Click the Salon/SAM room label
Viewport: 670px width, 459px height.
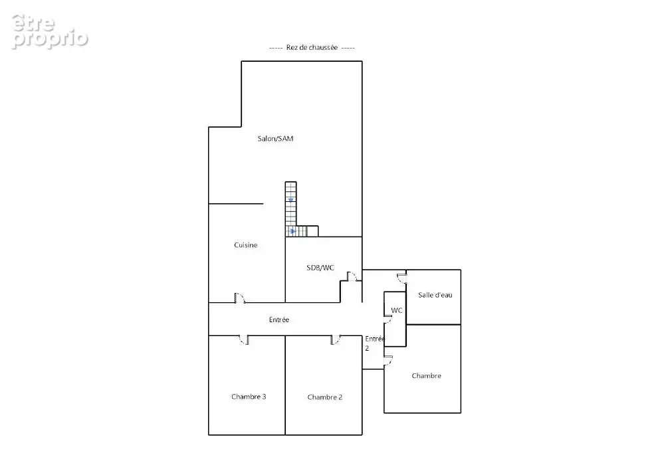pos(275,138)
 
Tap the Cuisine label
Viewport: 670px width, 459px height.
pos(246,244)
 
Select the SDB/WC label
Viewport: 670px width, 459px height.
pos(320,268)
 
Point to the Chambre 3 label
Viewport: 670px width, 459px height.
pos(249,397)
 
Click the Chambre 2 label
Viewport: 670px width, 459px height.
pos(325,397)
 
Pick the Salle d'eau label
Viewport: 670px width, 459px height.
pos(435,295)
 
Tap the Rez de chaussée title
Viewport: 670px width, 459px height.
pos(312,47)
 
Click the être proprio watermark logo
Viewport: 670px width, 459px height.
pos(50,32)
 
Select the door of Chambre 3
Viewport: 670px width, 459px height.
pos(244,340)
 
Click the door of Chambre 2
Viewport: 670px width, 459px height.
pos(336,340)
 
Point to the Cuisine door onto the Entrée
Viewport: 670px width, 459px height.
pos(240,298)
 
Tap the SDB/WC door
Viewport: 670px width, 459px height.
pos(352,276)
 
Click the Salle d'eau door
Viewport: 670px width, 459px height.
pos(401,279)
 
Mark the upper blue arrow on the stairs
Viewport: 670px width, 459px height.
pos(290,200)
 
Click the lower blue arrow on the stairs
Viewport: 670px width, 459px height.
pos(292,231)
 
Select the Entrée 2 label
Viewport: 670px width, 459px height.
pos(375,343)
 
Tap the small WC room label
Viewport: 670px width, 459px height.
pos(397,310)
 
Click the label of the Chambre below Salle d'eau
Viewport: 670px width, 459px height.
pos(427,376)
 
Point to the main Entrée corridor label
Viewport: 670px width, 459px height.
pos(279,320)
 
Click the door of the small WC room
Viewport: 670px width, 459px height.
pos(388,320)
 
